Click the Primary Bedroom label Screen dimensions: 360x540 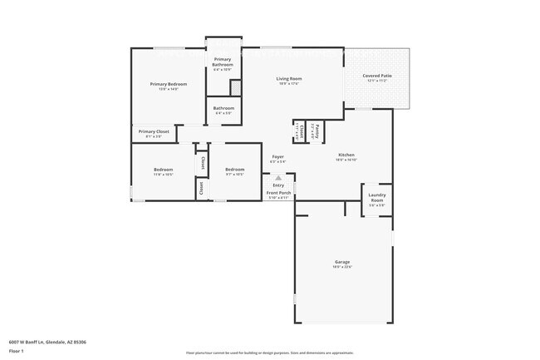[x=168, y=84]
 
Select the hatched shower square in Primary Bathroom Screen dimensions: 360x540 [x=236, y=87]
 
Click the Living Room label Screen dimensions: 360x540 [x=289, y=79]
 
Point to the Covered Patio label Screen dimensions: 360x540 [x=377, y=76]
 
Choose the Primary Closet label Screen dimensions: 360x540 [x=154, y=131]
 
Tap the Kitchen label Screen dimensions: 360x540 [x=346, y=155]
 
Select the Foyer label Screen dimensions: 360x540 [x=278, y=156]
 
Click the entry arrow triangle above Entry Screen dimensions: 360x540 [x=278, y=177]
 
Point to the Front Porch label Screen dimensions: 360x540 [x=277, y=193]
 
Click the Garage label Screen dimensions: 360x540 [x=342, y=263]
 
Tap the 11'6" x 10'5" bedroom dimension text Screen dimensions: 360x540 [x=163, y=175]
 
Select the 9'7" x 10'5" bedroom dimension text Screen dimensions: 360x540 [x=234, y=175]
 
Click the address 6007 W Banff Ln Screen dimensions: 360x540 [x=48, y=341]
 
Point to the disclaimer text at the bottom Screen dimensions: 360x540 [x=269, y=353]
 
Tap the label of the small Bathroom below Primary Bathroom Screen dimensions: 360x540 [x=223, y=107]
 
